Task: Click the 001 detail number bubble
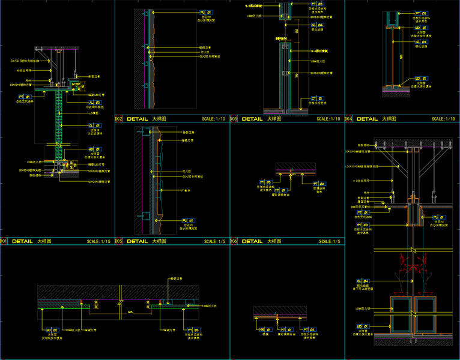3,241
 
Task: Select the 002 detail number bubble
118,119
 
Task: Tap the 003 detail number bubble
233,119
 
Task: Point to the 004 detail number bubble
348,119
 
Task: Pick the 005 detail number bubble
118,241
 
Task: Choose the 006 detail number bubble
233,241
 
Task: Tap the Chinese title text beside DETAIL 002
160,119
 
